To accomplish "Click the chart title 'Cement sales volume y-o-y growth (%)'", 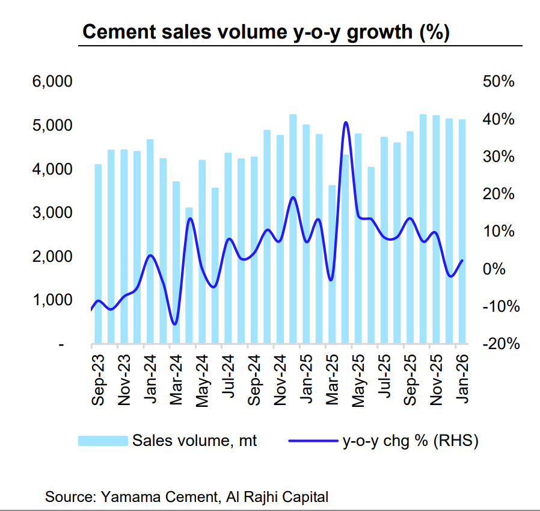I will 265,33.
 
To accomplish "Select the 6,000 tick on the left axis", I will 52,82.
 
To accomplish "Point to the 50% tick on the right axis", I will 499,82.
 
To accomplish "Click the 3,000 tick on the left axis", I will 52,213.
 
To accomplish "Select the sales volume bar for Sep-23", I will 98,253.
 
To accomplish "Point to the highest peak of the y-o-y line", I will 346,123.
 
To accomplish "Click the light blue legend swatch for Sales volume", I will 103,441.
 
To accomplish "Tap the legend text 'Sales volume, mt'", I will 195,441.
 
